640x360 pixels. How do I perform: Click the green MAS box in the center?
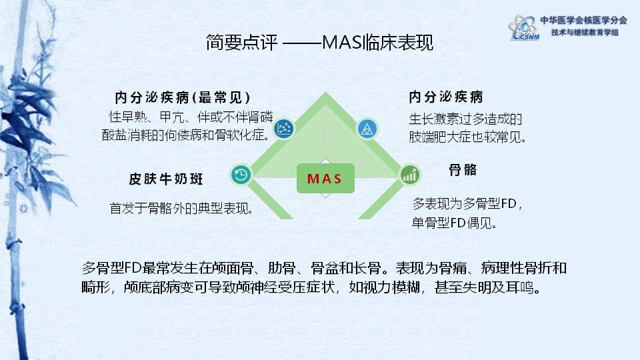[x=325, y=179]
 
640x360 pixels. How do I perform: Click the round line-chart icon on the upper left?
[x=285, y=128]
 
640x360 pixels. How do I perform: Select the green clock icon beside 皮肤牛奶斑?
[x=241, y=175]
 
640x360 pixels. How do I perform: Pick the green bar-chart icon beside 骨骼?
[x=409, y=175]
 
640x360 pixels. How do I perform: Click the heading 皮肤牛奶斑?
[x=165, y=180]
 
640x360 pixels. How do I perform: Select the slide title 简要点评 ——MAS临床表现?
[x=319, y=43]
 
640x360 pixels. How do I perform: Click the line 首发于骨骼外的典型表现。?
[x=181, y=208]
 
